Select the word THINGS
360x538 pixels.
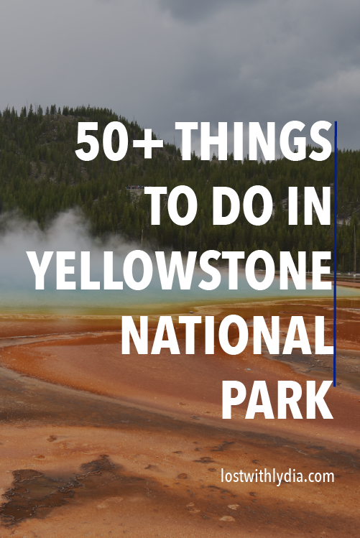pos(257,143)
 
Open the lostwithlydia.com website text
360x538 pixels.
pos(277,476)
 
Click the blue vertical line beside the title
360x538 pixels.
pos(336,251)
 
